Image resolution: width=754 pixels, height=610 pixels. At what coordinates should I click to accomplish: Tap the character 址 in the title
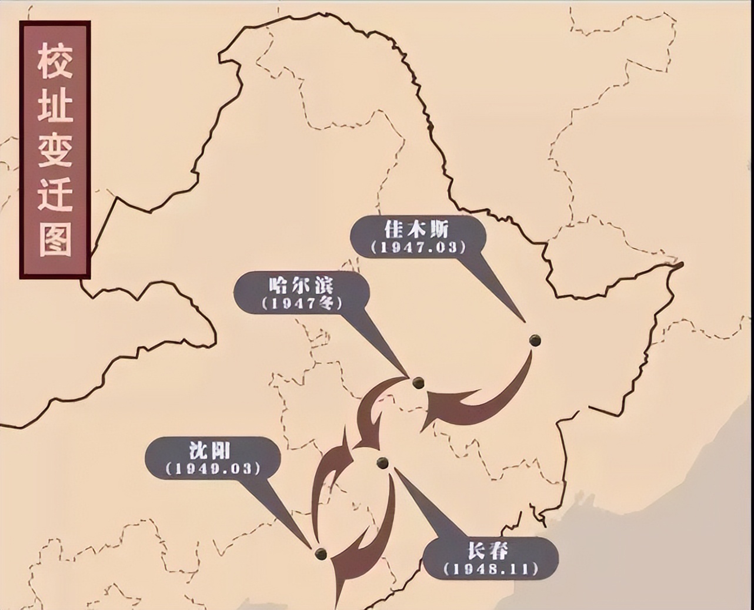pos(55,106)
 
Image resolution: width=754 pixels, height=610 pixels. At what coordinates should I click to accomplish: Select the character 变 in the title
pos(55,150)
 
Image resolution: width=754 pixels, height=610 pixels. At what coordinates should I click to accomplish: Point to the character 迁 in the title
pos(55,194)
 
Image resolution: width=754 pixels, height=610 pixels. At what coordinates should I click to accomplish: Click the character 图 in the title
pos(55,239)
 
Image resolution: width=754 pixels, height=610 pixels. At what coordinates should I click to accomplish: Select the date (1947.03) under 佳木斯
pos(418,247)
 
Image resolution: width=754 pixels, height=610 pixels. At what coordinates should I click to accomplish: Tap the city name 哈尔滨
pos(301,285)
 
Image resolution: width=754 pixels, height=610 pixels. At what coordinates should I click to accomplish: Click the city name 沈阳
pos(210,451)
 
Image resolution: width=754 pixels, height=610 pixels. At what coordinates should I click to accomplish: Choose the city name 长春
pos(488,551)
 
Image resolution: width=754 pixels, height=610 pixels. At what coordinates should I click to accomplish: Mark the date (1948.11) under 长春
pos(491,569)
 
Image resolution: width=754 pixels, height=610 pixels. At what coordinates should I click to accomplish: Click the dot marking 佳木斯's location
pos(535,340)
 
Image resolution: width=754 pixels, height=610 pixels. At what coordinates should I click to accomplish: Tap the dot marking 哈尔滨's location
pos(418,383)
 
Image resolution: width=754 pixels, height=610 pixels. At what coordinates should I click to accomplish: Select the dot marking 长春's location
pos(382,463)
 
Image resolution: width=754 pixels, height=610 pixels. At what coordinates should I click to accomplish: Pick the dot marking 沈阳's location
pos(321,554)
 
